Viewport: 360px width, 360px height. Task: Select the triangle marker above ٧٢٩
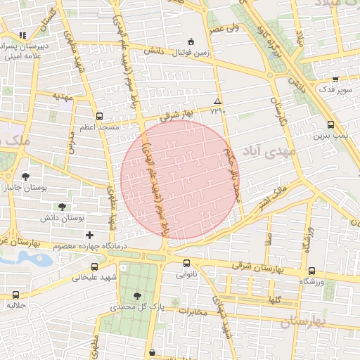point(217,102)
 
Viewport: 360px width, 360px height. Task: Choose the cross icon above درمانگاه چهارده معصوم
point(89,234)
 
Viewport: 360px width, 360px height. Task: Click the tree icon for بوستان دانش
point(62,207)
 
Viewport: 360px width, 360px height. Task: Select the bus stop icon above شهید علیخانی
point(95,266)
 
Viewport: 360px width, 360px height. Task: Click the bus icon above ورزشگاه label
point(311,271)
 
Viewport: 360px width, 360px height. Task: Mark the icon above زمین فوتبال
point(192,41)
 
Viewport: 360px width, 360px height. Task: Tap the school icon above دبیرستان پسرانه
point(22,35)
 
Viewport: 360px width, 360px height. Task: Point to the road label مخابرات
point(190,312)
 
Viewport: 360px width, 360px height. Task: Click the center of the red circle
point(180,180)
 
